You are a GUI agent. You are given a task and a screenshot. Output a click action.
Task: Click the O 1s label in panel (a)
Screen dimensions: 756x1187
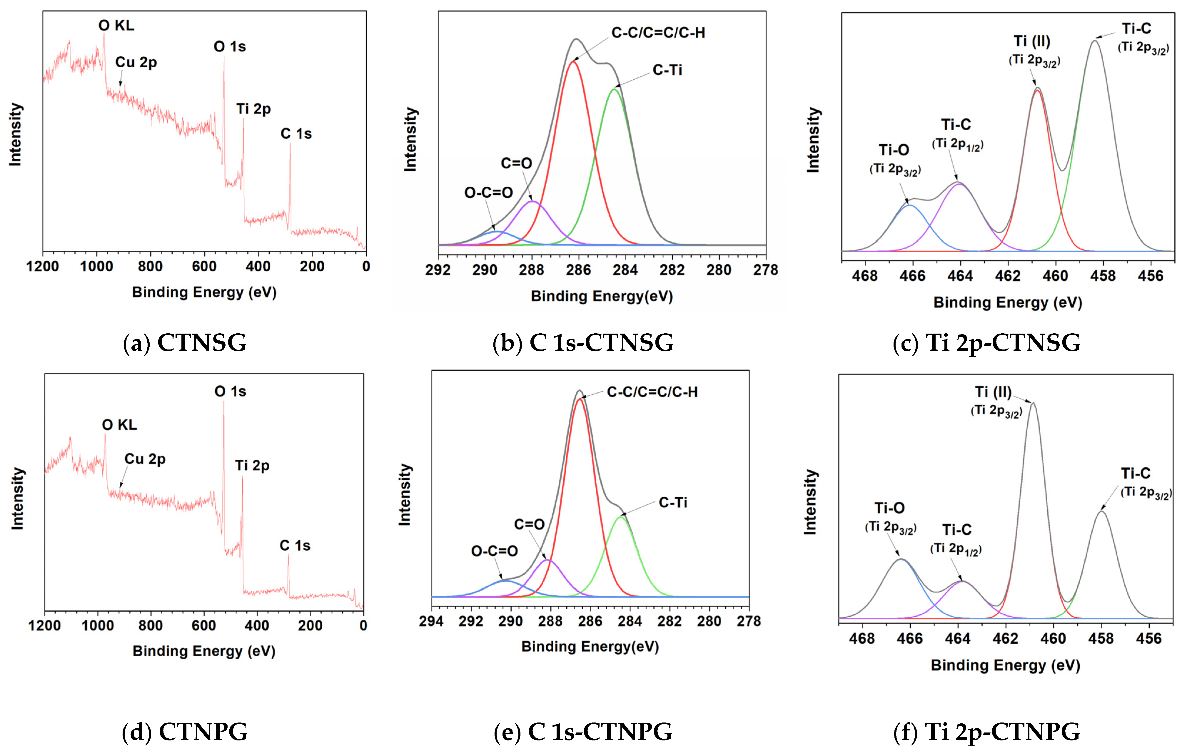230,47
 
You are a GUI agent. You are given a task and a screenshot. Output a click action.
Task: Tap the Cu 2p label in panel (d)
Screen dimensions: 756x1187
145,459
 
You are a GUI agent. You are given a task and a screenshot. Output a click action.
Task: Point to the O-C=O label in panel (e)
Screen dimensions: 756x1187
495,551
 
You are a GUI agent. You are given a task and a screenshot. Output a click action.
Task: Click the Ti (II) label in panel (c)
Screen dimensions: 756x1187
1032,41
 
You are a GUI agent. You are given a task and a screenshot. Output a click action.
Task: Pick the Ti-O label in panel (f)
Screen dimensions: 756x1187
889,508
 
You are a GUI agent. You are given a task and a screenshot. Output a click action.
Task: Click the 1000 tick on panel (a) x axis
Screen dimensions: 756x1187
97,267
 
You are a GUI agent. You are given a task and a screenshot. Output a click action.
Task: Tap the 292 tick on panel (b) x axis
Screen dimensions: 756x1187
438,270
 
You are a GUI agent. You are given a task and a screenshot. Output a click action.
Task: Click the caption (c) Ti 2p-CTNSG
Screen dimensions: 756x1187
986,342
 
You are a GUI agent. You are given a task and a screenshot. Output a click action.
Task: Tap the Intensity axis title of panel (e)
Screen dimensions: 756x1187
405,494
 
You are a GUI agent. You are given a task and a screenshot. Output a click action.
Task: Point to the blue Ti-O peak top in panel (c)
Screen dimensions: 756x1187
910,205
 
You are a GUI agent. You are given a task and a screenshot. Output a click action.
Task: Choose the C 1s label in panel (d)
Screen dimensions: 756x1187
295,546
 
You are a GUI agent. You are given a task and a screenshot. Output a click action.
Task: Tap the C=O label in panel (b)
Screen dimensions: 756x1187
516,163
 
